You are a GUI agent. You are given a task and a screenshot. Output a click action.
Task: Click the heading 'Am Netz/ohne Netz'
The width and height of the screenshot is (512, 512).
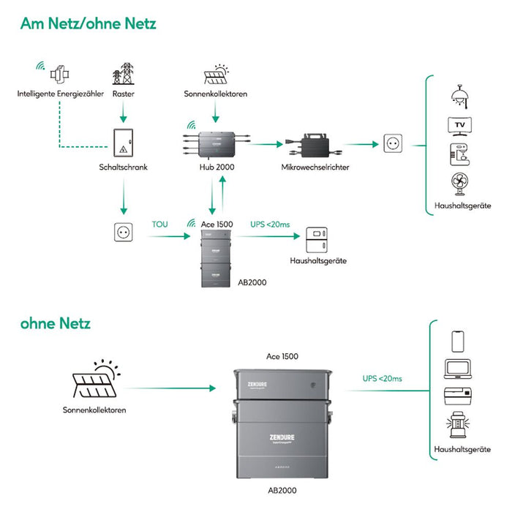pos(88,24)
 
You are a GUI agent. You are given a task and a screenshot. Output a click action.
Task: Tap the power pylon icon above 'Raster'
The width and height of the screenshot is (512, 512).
pos(123,75)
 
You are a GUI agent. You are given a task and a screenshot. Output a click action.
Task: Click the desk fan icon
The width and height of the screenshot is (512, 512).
pos(458,184)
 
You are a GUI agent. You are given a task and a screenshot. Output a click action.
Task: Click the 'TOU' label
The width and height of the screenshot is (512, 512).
pos(159,224)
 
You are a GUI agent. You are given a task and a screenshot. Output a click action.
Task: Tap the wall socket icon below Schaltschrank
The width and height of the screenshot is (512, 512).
pos(123,233)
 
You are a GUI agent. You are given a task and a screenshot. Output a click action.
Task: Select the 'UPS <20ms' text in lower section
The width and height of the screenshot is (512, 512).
pos(382,378)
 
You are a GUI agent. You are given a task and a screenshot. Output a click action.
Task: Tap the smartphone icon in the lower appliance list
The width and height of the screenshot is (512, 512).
pos(457,341)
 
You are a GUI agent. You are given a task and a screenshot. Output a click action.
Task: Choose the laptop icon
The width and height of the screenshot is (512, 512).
pos(457,370)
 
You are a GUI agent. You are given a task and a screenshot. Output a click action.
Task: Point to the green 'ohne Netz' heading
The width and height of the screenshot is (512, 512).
pos(56,322)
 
